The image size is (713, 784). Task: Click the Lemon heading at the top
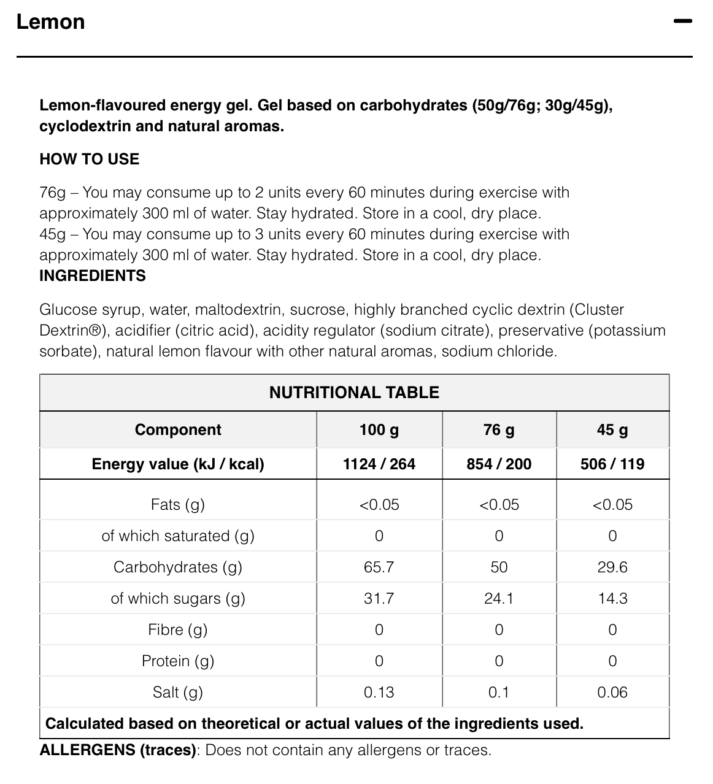50,22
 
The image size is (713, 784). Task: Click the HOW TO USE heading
89,159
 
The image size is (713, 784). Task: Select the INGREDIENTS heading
92,275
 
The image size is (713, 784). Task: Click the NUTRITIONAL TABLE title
354,393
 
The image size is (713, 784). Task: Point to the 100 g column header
379,429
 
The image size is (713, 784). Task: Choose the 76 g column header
499,429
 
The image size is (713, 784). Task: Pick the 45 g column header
612,429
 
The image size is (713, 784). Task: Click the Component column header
178,429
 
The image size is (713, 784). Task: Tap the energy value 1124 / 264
379,464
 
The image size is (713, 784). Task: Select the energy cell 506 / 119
612,464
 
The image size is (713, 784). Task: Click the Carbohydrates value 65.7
379,567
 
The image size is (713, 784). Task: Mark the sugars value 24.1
499,598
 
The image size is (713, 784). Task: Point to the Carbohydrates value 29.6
612,567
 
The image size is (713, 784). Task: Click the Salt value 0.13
379,692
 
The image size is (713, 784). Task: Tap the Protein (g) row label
178,661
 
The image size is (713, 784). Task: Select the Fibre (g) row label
178,629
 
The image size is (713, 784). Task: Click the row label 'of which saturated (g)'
178,536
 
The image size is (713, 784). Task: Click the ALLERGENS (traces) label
118,750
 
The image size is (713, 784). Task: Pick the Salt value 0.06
612,692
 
